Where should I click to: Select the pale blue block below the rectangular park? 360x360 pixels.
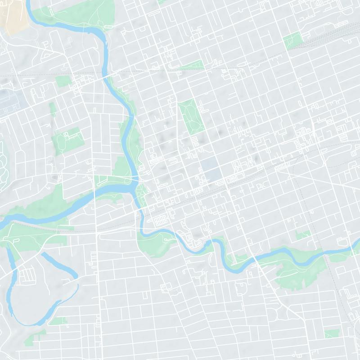[209, 168]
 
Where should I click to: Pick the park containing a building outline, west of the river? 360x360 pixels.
[67, 139]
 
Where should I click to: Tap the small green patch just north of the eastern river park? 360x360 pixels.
[302, 234]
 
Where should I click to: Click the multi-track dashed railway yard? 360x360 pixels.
[328, 34]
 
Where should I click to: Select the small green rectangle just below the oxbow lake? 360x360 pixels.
[58, 321]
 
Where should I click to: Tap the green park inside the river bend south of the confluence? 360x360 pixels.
[155, 243]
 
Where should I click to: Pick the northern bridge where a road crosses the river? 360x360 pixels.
[108, 77]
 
